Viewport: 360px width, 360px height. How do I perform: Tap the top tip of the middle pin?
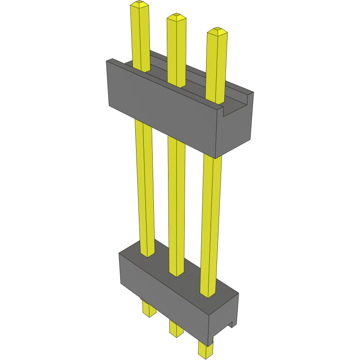point(177,17)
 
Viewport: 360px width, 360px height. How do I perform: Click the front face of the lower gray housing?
point(162,292)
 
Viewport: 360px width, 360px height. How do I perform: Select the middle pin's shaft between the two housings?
point(177,202)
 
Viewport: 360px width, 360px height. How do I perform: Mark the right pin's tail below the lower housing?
point(205,349)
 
